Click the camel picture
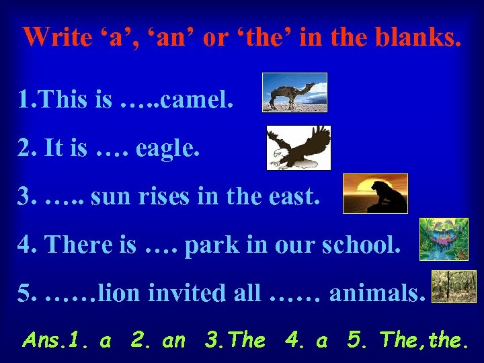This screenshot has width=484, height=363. pyautogui.click(x=294, y=92)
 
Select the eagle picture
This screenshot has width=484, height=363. pyautogui.click(x=298, y=147)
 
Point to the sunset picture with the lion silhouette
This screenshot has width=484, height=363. pyautogui.click(x=375, y=194)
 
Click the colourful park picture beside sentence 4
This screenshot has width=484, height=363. pyautogui.click(x=444, y=239)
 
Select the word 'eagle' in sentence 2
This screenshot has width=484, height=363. pyautogui.click(x=167, y=149)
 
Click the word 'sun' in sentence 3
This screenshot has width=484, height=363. pyautogui.click(x=107, y=198)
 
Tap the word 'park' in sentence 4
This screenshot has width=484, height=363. pyautogui.click(x=206, y=246)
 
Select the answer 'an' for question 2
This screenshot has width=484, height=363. pyautogui.click(x=173, y=341)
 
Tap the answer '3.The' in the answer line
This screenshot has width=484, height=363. pyautogui.click(x=235, y=341)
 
